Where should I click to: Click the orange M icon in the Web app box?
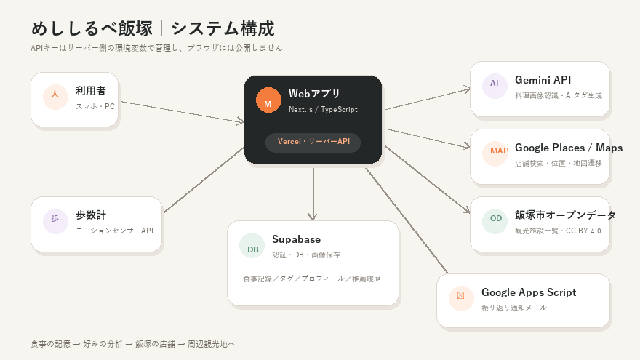(x=268, y=100)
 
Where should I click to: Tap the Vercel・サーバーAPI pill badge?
(x=313, y=143)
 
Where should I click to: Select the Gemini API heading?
(x=543, y=80)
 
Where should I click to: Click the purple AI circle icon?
(x=495, y=86)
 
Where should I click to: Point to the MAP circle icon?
(x=495, y=154)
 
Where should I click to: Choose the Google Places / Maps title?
(x=569, y=148)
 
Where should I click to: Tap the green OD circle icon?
(x=495, y=221)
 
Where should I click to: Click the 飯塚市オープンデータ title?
(x=565, y=215)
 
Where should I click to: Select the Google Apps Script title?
(x=529, y=292)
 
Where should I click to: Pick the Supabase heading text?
(x=296, y=239)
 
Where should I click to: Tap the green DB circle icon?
(x=252, y=245)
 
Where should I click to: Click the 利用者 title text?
(x=91, y=91)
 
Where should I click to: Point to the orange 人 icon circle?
(x=55, y=97)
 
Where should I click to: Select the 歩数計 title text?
(x=91, y=215)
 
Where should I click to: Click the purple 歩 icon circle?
(x=55, y=221)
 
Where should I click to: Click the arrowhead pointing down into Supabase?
(x=313, y=217)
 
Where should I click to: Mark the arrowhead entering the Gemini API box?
(x=466, y=89)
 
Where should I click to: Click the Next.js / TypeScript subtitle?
(x=323, y=109)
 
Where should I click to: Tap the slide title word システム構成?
(x=223, y=28)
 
